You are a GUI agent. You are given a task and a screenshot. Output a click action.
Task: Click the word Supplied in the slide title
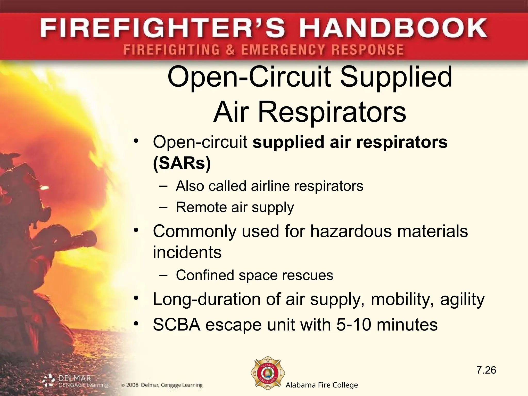[396, 77]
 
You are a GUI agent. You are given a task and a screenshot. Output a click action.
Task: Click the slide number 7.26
[486, 370]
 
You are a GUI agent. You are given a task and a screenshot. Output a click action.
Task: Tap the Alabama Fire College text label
[322, 385]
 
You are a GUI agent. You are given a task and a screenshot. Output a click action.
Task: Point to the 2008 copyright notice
[162, 385]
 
